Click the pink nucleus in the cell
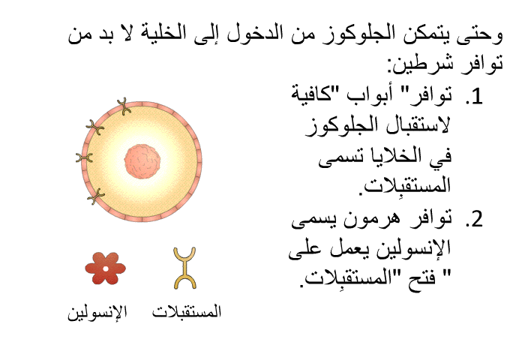click(x=142, y=161)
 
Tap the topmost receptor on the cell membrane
click(x=124, y=106)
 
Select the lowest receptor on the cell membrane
click(x=96, y=196)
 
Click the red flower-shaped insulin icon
click(x=106, y=268)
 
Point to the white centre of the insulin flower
click(x=106, y=268)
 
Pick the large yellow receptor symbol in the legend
click(x=184, y=268)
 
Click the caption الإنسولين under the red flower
click(x=97, y=312)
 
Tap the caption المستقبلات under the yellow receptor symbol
click(x=187, y=311)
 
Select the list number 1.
click(x=474, y=96)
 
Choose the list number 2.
click(x=474, y=219)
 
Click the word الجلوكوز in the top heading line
click(x=356, y=34)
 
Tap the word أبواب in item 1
click(x=367, y=95)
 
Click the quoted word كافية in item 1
click(x=313, y=94)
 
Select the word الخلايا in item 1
click(x=391, y=156)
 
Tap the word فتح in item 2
click(x=421, y=278)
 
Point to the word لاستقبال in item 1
click(x=417, y=125)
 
